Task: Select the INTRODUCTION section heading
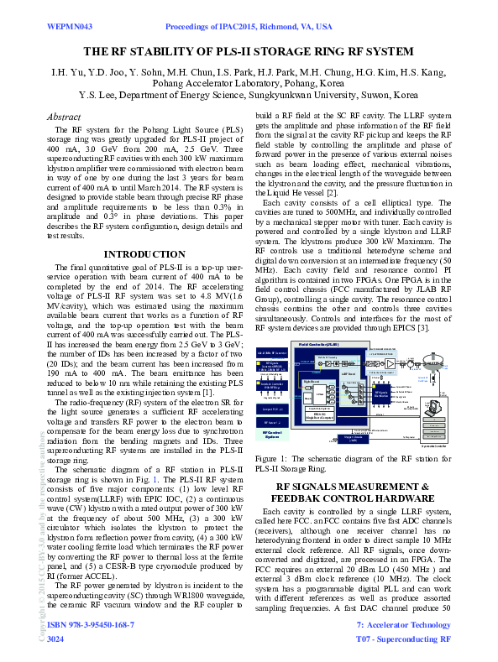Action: [x=144, y=254]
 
